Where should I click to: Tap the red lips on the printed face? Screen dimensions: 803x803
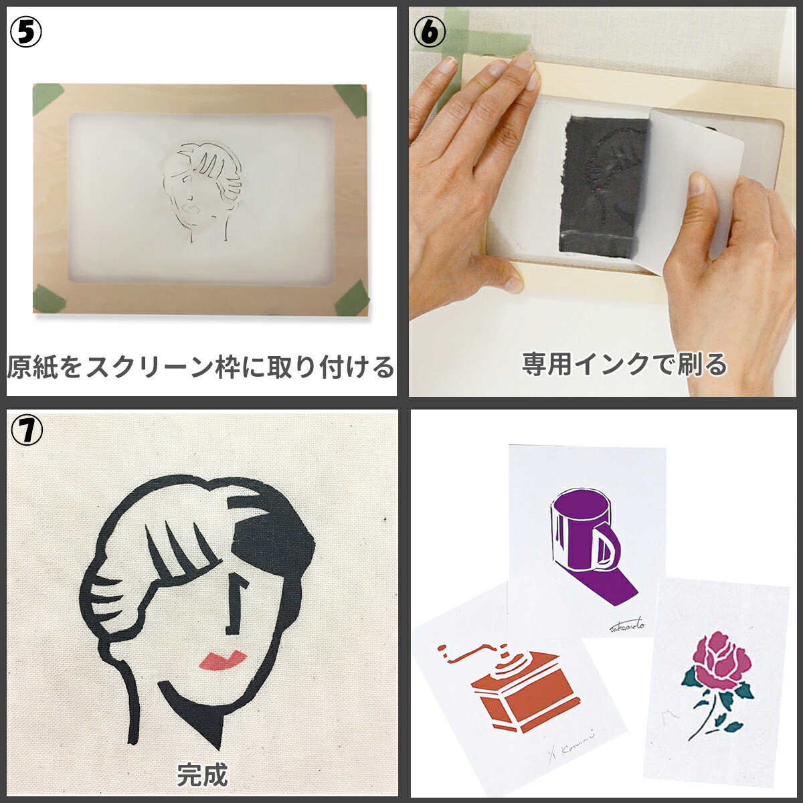click(223, 660)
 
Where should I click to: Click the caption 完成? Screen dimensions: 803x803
click(201, 776)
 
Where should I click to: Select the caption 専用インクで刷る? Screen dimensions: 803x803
click(624, 365)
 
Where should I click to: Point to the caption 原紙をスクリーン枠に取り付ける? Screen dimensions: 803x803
click(201, 367)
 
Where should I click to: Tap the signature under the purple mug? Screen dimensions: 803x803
click(626, 626)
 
